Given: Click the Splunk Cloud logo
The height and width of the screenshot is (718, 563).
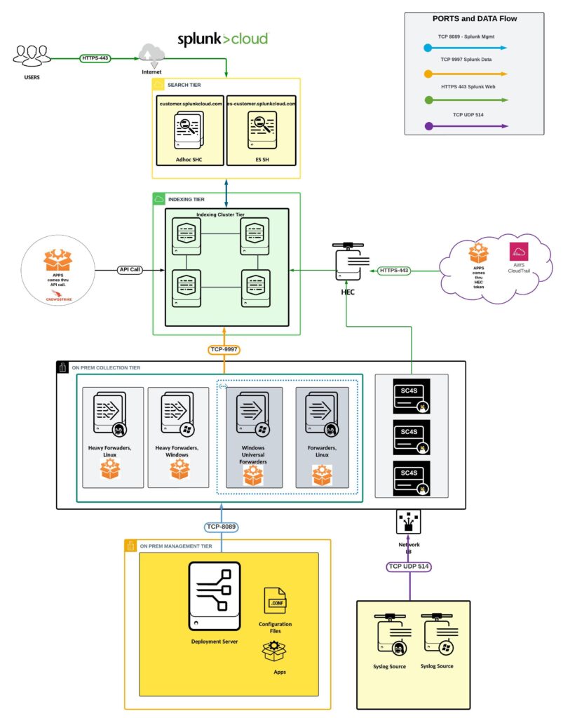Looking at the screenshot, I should click(222, 38).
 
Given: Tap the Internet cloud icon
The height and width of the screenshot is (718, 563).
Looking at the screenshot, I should click(152, 54).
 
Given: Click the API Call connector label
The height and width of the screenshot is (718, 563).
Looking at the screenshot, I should click(130, 269).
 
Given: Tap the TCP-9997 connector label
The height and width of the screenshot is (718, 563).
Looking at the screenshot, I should click(224, 348).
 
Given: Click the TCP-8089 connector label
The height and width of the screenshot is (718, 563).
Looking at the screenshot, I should click(221, 527).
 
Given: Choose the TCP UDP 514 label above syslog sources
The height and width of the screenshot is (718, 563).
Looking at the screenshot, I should click(409, 567).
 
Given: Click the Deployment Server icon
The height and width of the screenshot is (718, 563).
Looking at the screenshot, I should click(214, 595).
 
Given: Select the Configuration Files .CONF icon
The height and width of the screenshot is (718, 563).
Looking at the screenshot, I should click(275, 601).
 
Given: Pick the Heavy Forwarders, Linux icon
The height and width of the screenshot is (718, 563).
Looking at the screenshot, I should click(113, 418).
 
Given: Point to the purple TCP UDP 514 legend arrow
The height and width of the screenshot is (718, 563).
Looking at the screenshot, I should click(466, 126).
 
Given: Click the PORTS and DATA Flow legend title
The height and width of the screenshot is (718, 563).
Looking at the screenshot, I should click(474, 19).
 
